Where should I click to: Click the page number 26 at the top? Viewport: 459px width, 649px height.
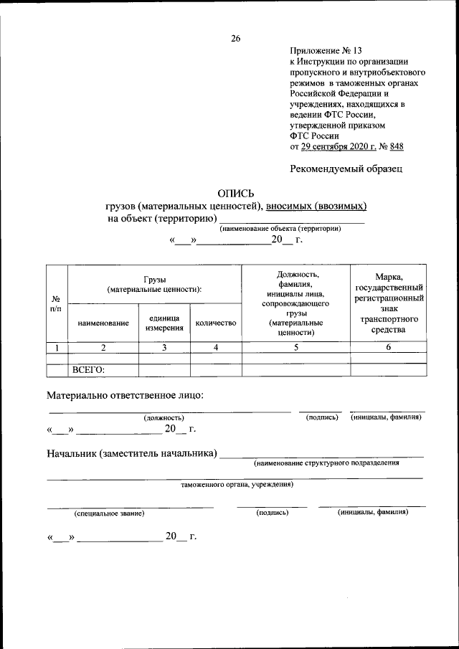[x=235, y=39]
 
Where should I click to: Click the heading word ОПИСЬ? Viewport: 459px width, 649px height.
[x=235, y=192]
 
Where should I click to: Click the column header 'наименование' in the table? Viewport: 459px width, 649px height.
[x=103, y=323]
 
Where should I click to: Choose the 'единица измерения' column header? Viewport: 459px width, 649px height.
[x=164, y=323]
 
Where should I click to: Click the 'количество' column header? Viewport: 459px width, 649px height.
[x=216, y=323]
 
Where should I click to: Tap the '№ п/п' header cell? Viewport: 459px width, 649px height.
[x=56, y=303]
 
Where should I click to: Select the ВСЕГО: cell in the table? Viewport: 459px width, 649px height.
[x=89, y=370]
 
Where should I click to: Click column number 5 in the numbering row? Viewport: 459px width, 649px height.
[x=295, y=348]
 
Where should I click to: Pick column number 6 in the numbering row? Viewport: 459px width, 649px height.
[x=389, y=348]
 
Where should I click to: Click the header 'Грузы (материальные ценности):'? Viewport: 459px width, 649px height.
[x=154, y=284]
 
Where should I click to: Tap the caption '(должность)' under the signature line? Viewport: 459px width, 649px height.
[x=164, y=417]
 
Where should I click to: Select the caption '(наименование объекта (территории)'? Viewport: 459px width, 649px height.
[x=290, y=228]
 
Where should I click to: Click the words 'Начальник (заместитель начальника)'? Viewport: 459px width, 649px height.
[x=132, y=454]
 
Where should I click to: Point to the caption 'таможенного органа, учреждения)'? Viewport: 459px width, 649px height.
[x=236, y=484]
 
